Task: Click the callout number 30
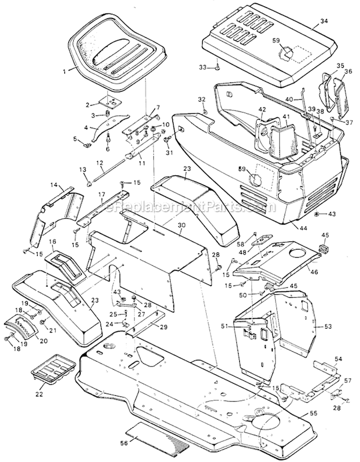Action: pyautogui.click(x=180, y=225)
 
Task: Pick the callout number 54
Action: pyautogui.click(x=339, y=358)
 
